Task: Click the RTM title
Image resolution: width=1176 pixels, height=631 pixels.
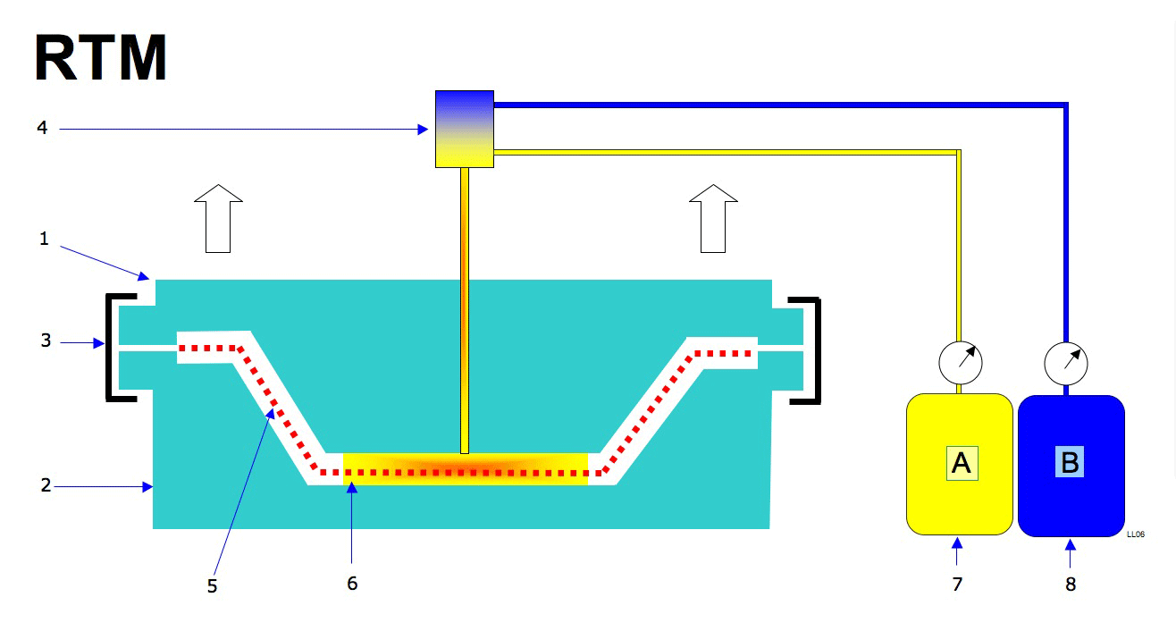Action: click(101, 59)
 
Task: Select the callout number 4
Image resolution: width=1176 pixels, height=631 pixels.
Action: click(42, 129)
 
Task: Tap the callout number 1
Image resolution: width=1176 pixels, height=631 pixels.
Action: click(42, 240)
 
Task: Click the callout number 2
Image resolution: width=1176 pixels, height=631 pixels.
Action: click(46, 486)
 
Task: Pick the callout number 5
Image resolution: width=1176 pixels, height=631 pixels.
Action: click(212, 586)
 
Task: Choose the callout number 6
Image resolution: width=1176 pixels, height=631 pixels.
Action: click(352, 584)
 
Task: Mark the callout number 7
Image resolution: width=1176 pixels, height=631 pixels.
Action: click(957, 585)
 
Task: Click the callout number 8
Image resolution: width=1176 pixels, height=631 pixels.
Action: click(1071, 585)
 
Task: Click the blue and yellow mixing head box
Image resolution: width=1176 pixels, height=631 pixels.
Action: click(464, 129)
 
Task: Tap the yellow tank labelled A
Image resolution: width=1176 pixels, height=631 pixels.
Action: click(959, 464)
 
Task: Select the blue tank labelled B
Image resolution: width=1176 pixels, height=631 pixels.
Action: click(1071, 465)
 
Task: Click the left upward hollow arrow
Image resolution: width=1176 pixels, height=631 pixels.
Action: click(218, 217)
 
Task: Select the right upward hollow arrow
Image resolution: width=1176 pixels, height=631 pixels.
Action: click(712, 217)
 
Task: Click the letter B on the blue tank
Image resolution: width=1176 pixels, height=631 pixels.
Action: click(1070, 462)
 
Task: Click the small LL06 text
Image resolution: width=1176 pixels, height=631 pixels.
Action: click(1136, 534)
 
